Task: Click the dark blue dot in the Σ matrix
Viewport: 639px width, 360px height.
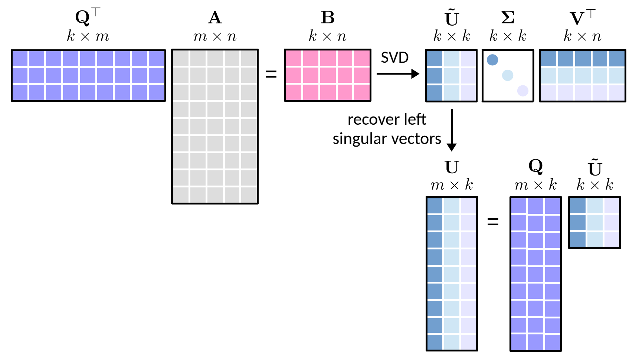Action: tap(492, 60)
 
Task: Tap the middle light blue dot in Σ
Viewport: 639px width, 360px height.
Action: tap(508, 75)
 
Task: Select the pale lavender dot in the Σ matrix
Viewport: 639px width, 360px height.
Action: tap(523, 91)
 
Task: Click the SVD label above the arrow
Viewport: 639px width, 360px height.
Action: tap(394, 58)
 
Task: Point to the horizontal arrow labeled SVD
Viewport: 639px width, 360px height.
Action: tap(398, 74)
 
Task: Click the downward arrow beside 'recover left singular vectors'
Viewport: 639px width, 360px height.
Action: tap(452, 130)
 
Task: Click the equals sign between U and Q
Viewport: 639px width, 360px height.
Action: tap(493, 222)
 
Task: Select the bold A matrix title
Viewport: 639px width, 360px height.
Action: tap(215, 18)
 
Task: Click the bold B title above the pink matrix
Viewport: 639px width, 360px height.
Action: tap(328, 18)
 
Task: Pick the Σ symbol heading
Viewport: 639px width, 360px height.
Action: tap(508, 17)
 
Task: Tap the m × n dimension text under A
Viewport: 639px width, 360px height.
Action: tap(215, 36)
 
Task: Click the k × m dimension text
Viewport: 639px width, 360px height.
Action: tap(88, 36)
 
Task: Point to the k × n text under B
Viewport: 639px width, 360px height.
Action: tap(328, 36)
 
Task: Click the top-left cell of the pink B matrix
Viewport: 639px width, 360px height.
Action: tap(294, 58)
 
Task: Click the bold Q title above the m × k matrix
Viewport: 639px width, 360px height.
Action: tap(536, 167)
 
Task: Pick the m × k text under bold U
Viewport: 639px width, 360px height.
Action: tap(452, 185)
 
